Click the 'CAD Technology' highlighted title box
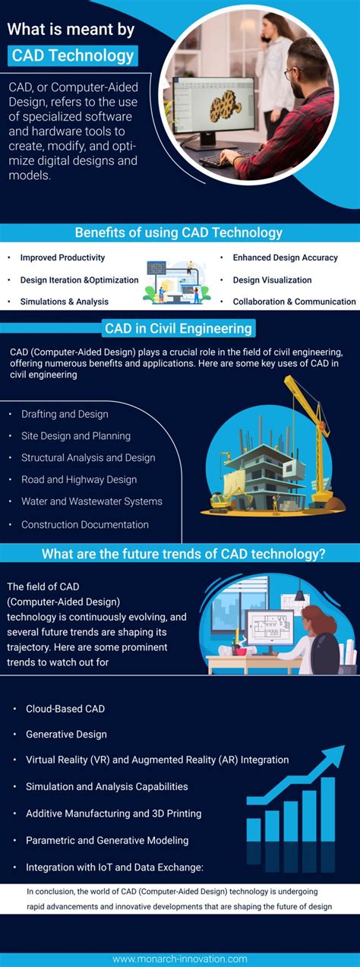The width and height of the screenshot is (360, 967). [74, 55]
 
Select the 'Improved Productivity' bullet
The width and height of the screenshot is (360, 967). [62, 258]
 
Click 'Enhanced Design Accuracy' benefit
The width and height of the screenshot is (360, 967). [285, 258]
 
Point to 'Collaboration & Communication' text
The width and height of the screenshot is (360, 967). [294, 302]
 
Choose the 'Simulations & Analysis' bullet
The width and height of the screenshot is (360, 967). [64, 302]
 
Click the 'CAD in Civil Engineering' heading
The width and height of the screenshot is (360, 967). [179, 329]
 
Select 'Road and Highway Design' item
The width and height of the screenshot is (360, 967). [79, 479]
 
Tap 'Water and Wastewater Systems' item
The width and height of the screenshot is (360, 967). [91, 501]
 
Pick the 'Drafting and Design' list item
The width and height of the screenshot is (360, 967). [65, 414]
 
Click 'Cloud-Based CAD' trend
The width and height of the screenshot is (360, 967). [65, 709]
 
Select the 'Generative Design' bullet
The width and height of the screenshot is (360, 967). [66, 735]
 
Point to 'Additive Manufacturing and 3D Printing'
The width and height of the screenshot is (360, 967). [113, 814]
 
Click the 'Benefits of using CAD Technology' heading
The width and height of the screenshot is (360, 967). [178, 232]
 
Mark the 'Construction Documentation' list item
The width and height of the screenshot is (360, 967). [84, 524]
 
